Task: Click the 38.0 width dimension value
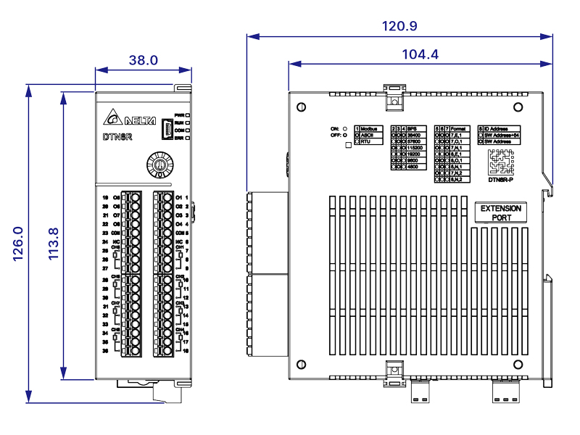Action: [x=144, y=61]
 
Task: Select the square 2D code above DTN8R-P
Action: [x=500, y=162]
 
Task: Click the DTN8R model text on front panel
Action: [x=117, y=136]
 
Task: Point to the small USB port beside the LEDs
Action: [x=167, y=128]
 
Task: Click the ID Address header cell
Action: [x=500, y=128]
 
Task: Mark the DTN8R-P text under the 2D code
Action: [x=501, y=180]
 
